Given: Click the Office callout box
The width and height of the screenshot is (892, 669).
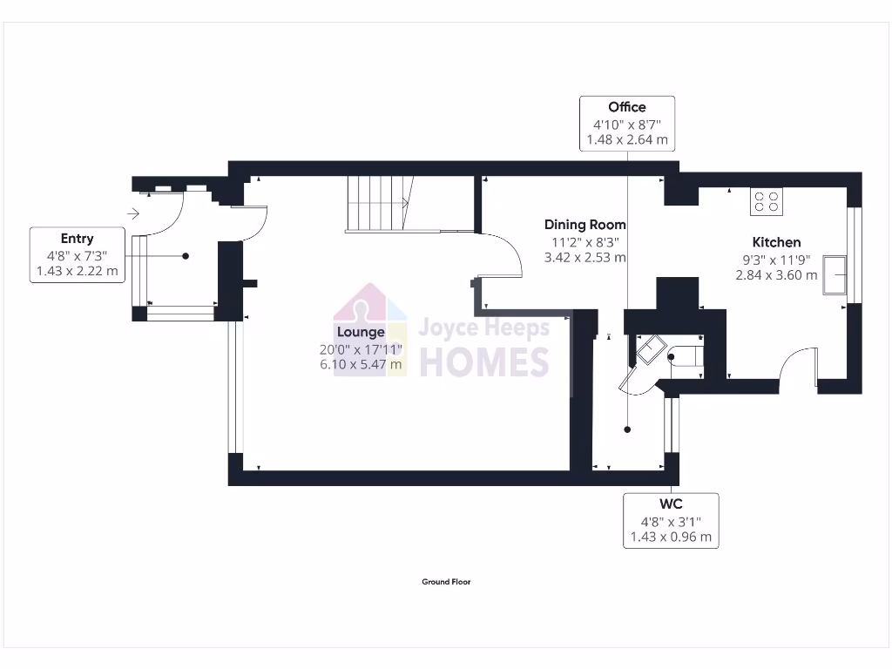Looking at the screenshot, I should point(627,123).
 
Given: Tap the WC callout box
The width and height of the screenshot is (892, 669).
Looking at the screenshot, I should point(671,520).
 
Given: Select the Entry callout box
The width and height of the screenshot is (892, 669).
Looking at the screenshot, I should point(77,254).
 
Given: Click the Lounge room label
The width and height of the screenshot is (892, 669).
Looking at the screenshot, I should point(361,332).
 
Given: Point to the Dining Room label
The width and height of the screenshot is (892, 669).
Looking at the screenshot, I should point(585,225).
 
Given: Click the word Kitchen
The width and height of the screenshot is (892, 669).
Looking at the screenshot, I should point(776,242).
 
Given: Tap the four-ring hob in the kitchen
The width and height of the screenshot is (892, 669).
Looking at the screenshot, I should point(767,202).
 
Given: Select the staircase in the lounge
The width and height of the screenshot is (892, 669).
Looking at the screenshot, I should point(378,204).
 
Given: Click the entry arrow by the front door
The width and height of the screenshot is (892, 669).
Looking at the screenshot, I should point(133,213).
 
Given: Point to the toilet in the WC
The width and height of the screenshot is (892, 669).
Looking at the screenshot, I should point(684,355).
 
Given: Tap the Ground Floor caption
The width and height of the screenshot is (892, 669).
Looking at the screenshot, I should point(446,582).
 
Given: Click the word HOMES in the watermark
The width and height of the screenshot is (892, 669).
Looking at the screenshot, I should point(484,361).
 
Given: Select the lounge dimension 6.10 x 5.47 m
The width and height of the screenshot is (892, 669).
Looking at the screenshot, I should point(361,365).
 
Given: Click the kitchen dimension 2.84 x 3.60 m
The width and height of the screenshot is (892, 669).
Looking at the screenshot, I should point(776,275).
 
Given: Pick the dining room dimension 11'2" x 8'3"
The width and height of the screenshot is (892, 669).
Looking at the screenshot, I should point(585,241).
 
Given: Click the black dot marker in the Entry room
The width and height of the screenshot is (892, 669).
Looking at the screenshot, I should point(186,256).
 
